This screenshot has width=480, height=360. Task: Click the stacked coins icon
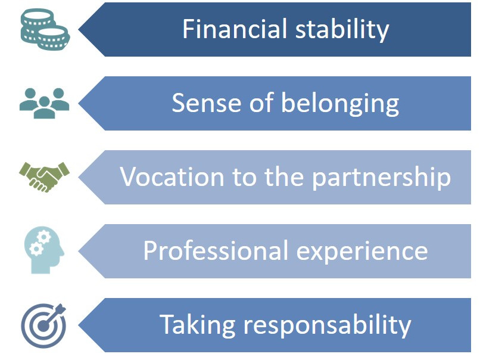click(x=45, y=29)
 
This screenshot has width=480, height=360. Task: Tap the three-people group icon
click(x=45, y=103)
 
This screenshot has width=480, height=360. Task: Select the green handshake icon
click(x=45, y=177)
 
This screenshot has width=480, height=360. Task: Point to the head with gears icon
click(x=44, y=250)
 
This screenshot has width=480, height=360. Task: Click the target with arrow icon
click(x=44, y=325)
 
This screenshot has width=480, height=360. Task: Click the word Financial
click(x=235, y=29)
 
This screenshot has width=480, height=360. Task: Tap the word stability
click(x=342, y=29)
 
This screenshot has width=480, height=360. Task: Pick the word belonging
click(x=340, y=104)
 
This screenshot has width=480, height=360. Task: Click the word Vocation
click(x=172, y=177)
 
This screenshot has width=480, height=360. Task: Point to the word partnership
click(x=381, y=178)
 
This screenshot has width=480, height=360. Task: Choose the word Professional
click(x=216, y=250)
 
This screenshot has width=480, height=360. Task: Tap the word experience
click(x=362, y=252)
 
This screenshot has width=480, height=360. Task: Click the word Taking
click(x=198, y=325)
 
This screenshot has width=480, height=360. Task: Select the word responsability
click(x=327, y=325)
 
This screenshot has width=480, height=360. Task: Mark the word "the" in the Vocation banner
click(x=284, y=176)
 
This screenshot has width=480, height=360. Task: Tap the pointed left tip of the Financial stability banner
click(x=79, y=29)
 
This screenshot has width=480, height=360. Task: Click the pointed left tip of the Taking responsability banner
click(x=79, y=325)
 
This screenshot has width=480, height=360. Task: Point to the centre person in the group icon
click(x=45, y=107)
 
